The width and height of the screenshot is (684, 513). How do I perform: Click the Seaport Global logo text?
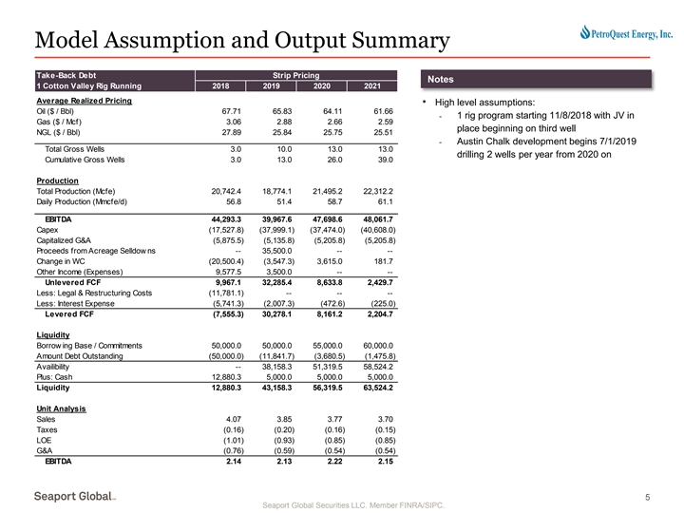pyautogui.click(x=76, y=497)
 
